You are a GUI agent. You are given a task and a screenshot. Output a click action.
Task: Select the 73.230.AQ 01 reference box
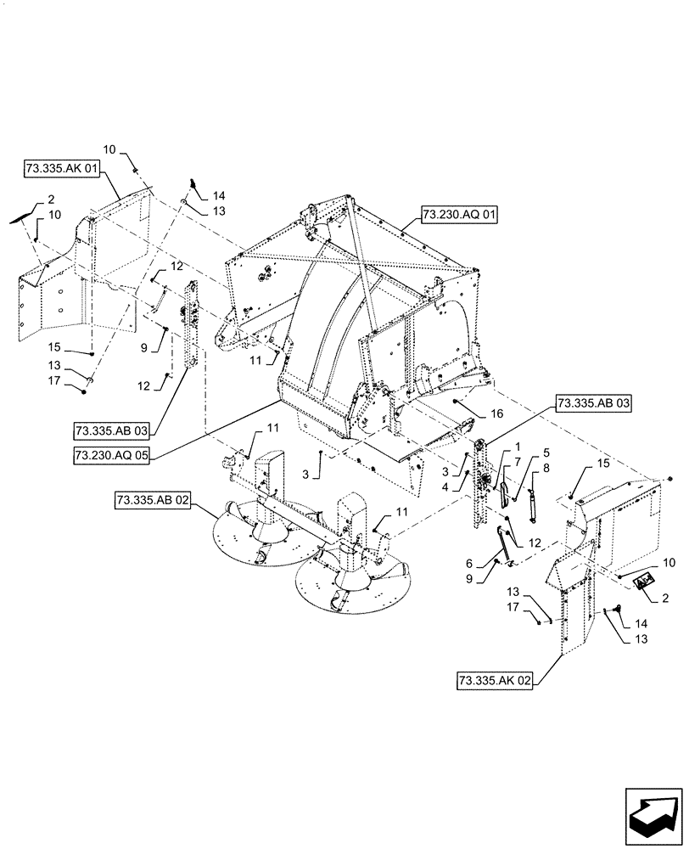pos(457,216)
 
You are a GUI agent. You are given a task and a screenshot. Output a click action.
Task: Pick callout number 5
pos(546,453)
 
